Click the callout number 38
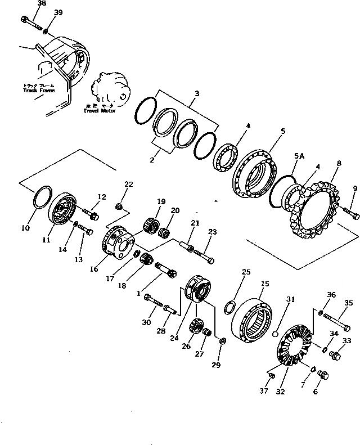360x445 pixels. click(26, 3)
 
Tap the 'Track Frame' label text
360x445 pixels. click(39, 91)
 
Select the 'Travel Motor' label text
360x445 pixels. click(99, 110)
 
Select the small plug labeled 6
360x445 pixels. click(323, 374)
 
